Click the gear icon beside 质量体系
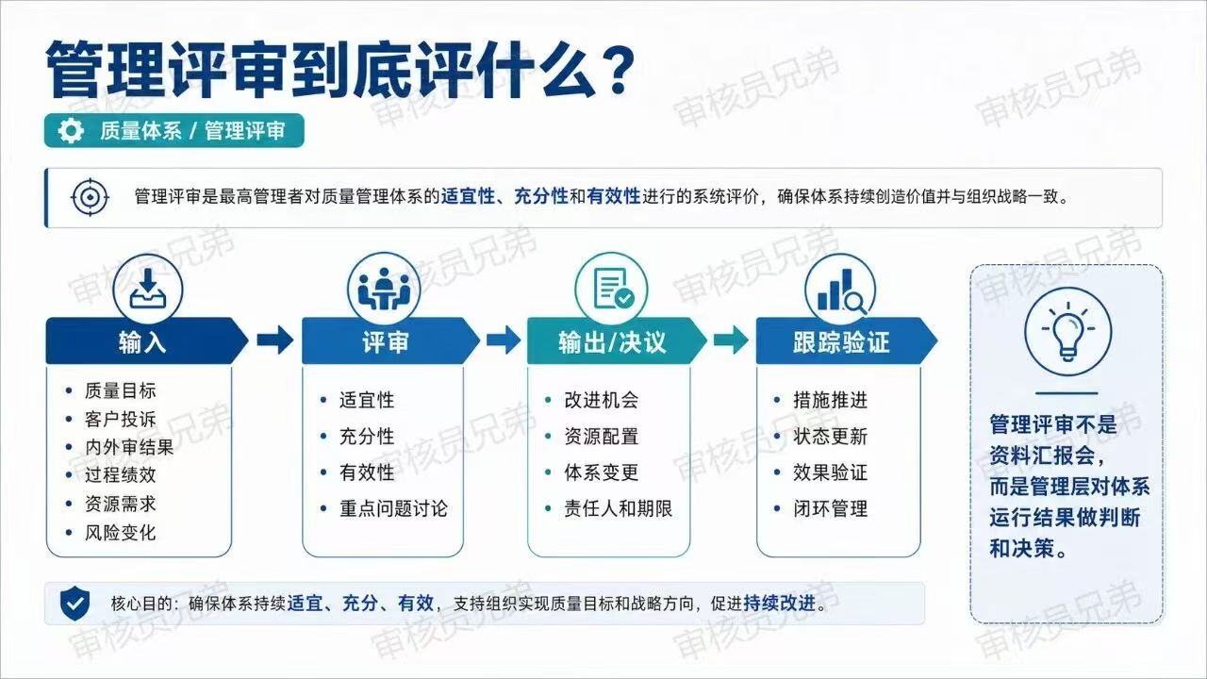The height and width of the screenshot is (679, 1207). [x=71, y=131]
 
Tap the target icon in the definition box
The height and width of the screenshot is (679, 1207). [x=90, y=197]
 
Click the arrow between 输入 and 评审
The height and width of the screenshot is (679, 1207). [x=274, y=340]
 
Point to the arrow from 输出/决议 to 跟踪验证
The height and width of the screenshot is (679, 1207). [x=731, y=340]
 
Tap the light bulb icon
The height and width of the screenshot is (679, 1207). [x=1067, y=331]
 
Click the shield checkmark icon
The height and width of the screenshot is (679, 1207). [x=74, y=604]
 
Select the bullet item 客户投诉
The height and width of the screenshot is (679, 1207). [x=120, y=420]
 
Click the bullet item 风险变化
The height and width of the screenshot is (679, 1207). [x=120, y=533]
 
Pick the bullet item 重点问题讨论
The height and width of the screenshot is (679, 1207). [x=393, y=508]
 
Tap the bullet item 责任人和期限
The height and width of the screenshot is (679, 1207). [x=618, y=508]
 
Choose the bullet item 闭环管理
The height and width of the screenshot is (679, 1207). [x=831, y=508]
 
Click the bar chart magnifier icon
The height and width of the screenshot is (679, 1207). [x=841, y=291]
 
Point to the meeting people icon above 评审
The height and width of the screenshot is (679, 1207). [x=384, y=290]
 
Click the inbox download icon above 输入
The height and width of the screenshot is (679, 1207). [x=148, y=290]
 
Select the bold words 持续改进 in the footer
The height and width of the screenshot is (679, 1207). [x=779, y=604]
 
